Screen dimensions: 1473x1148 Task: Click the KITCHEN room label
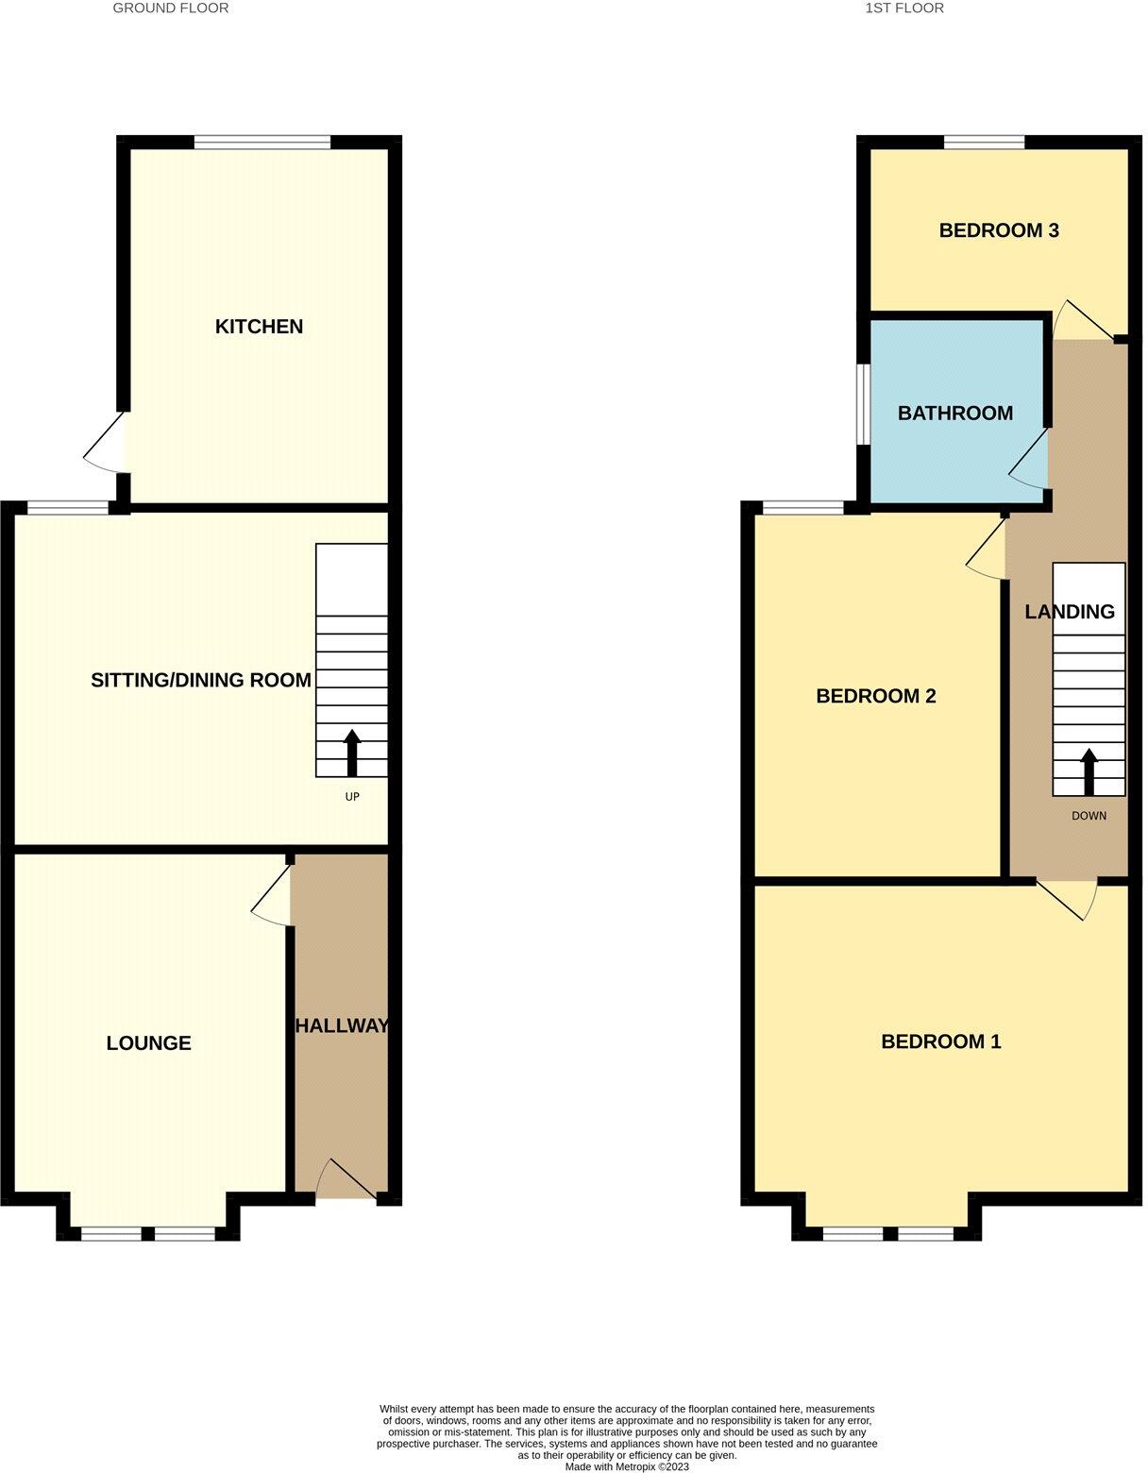pos(259,327)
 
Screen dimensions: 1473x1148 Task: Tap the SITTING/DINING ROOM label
pos(201,680)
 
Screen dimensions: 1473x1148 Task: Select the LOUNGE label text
pos(149,1043)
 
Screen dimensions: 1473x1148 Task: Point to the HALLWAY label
pos(342,1026)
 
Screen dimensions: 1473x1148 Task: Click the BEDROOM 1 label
pos(940,1041)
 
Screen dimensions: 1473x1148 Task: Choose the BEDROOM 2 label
pos(876,696)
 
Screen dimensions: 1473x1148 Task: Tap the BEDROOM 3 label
pos(999,230)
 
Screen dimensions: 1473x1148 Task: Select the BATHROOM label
pos(955,414)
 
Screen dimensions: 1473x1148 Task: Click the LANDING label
pos(1070,612)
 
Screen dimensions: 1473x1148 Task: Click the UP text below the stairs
pos(352,797)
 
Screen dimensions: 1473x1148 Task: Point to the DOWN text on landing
pos(1089,816)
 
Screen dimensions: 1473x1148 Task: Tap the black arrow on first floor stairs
pos(1089,770)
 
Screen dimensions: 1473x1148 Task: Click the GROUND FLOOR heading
pos(171,8)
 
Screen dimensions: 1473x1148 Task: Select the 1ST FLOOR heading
pos(904,8)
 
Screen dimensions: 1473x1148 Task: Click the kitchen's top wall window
pos(262,143)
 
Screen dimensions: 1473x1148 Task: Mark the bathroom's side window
pos(863,403)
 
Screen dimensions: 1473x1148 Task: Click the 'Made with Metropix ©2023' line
pos(627,1466)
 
